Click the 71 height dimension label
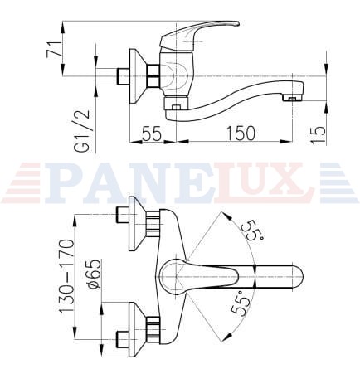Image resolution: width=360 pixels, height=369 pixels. tap(53, 50)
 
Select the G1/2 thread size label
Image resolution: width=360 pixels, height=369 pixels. tap(83, 131)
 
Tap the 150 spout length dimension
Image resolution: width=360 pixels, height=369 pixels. tap(241, 134)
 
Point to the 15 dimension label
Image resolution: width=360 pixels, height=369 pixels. tap(318, 134)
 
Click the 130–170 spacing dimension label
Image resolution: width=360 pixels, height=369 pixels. tap(67, 276)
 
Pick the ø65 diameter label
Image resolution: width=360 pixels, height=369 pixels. tap(95, 274)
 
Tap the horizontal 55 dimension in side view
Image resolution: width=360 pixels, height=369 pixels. tap(151, 134)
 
